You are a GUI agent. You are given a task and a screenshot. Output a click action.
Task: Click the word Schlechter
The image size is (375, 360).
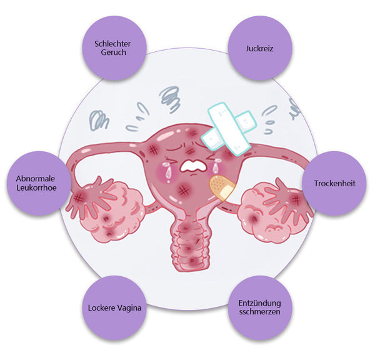click(x=114, y=43)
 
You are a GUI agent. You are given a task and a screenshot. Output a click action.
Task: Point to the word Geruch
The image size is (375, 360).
click(x=114, y=53)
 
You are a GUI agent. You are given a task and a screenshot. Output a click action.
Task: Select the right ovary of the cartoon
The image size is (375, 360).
click(x=269, y=209)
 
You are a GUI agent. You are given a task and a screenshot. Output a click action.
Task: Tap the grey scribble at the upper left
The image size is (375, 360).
click(x=99, y=119)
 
